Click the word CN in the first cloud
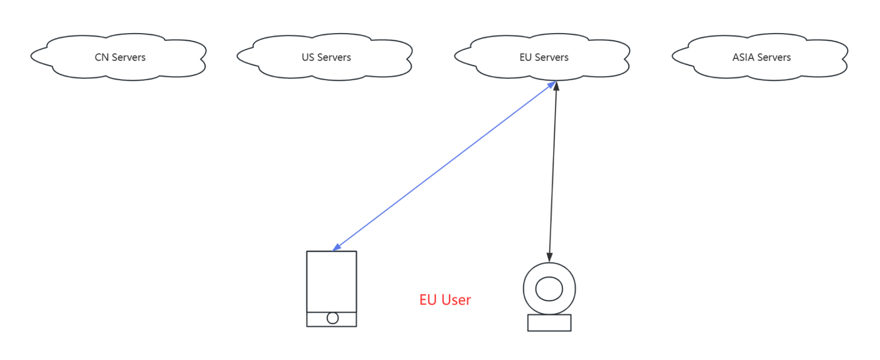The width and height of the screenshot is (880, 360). pyautogui.click(x=102, y=57)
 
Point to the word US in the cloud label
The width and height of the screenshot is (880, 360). pyautogui.click(x=308, y=57)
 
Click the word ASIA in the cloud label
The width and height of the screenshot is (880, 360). pyautogui.click(x=743, y=57)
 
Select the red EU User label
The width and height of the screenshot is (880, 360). pyautogui.click(x=445, y=300)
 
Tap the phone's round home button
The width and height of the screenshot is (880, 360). pyautogui.click(x=332, y=318)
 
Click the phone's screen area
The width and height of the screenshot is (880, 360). pyautogui.click(x=331, y=281)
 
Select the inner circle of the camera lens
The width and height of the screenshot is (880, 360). pyautogui.click(x=549, y=289)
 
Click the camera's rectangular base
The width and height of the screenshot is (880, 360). pyautogui.click(x=549, y=323)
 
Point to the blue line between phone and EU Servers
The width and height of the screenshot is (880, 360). pyautogui.click(x=443, y=166)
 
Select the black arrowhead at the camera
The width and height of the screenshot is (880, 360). pyautogui.click(x=550, y=257)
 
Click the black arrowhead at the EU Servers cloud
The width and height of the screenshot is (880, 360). pyautogui.click(x=556, y=86)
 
